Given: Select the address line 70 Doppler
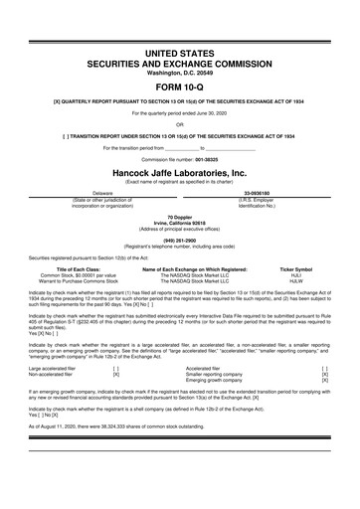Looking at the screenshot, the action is [180, 217].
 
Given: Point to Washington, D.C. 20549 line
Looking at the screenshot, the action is [180, 44].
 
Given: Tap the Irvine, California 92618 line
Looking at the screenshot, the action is [180, 223].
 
